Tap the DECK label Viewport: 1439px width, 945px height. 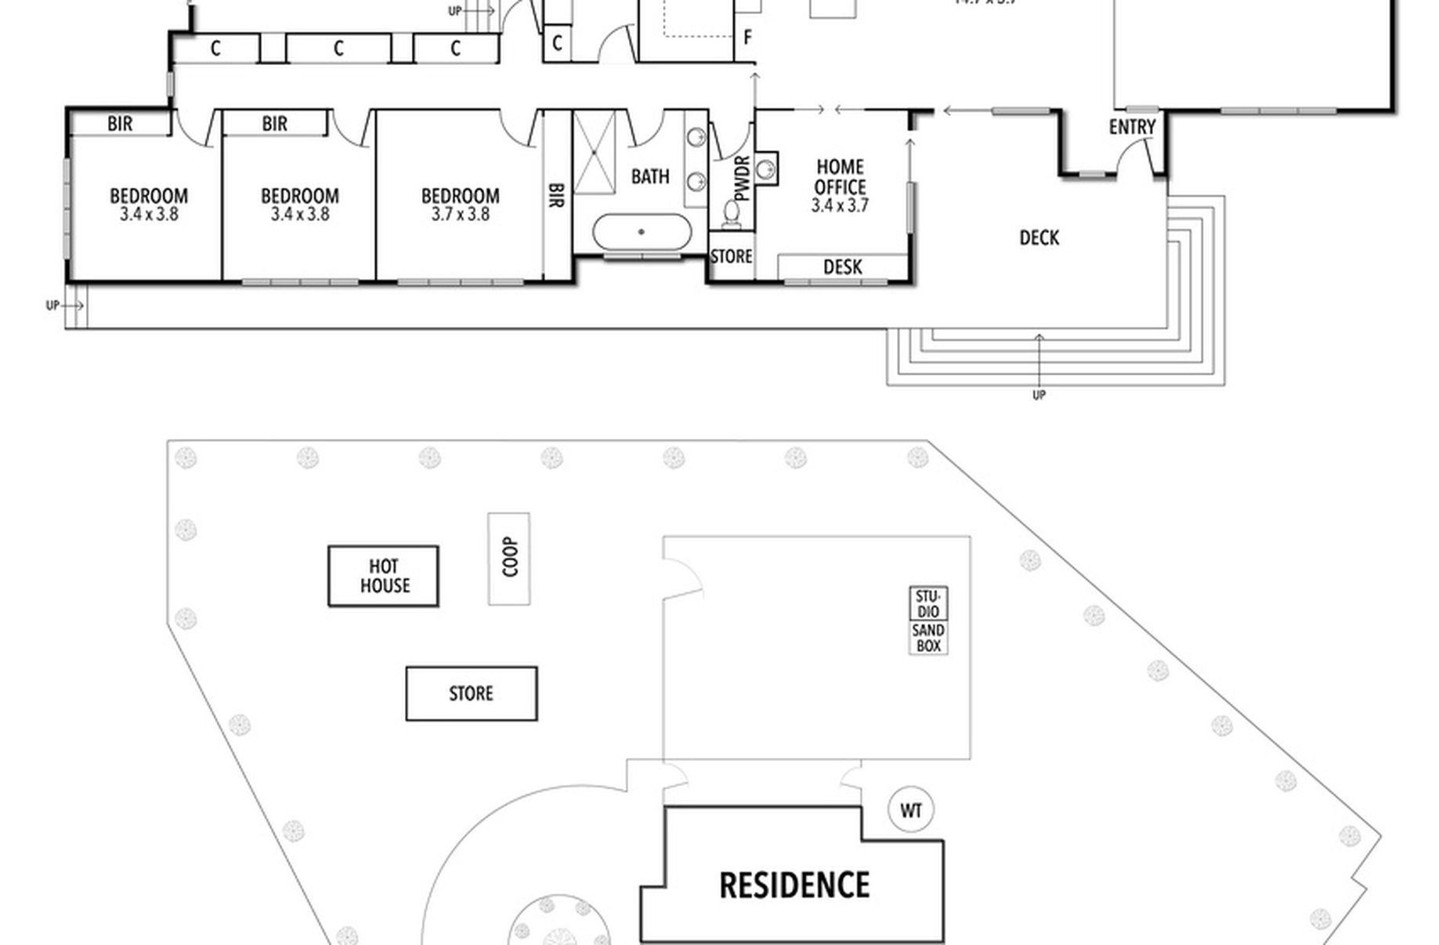pyautogui.click(x=1039, y=237)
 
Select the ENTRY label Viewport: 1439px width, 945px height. pyautogui.click(x=1132, y=127)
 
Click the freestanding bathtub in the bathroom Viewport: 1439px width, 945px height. pyautogui.click(x=642, y=232)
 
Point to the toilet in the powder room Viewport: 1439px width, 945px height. pyautogui.click(x=732, y=213)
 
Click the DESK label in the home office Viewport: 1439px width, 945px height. pyautogui.click(x=842, y=267)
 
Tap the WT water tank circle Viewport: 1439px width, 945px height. pyautogui.click(x=911, y=810)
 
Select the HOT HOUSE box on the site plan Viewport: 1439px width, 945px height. pyautogui.click(x=384, y=576)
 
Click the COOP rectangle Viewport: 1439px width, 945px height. pyautogui.click(x=509, y=558)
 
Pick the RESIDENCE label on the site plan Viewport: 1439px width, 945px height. pyautogui.click(x=794, y=885)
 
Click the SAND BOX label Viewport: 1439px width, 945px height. pyautogui.click(x=928, y=639)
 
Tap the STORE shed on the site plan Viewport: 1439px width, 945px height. pyautogui.click(x=471, y=693)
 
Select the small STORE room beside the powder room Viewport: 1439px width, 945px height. pyautogui.click(x=731, y=257)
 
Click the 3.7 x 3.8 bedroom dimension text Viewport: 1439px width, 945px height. pyautogui.click(x=460, y=214)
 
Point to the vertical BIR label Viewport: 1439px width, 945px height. pyautogui.click(x=555, y=196)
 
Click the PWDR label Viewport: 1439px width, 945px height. pyautogui.click(x=743, y=178)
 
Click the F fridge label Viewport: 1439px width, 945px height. pyautogui.click(x=747, y=37)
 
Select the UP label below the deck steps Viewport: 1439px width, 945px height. pyautogui.click(x=1039, y=395)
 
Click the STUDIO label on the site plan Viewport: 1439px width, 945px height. pyautogui.click(x=928, y=603)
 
